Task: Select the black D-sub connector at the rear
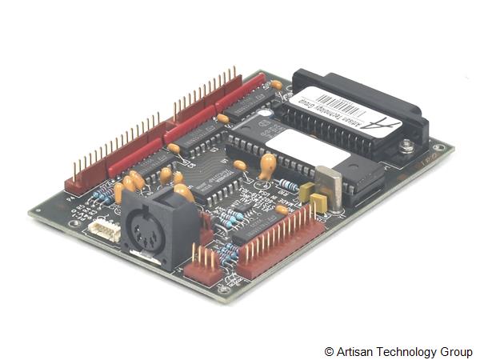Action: click(360, 112)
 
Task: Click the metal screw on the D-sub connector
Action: click(406, 146)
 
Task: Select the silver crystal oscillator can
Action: click(328, 185)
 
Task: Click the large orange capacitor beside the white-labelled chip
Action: click(267, 166)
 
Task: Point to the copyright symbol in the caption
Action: click(329, 352)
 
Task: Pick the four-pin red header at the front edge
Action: click(203, 266)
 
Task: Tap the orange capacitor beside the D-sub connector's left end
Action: click(276, 84)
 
